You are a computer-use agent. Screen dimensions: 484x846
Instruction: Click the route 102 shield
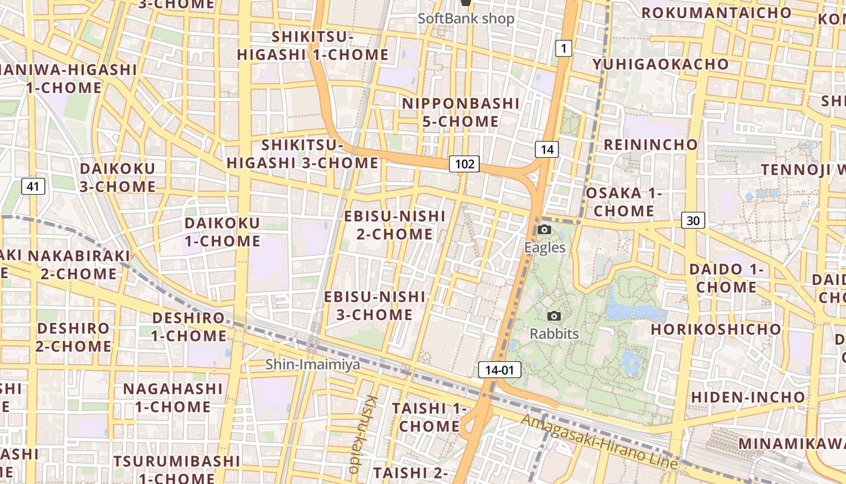[463, 163]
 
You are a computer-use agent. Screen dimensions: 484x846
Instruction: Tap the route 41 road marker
[33, 186]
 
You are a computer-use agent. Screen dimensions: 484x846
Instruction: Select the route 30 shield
[693, 220]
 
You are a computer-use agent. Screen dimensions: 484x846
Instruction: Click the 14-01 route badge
[499, 370]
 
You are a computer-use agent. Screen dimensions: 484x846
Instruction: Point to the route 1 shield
[563, 48]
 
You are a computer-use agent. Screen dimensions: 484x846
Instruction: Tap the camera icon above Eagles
[544, 230]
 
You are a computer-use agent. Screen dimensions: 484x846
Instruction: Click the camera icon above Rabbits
[554, 316]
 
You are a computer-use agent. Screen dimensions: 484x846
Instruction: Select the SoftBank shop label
[466, 18]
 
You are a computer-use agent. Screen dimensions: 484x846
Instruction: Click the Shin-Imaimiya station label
[313, 364]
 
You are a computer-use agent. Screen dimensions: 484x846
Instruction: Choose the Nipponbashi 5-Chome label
[460, 112]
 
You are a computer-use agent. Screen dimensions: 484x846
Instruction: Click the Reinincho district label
[651, 145]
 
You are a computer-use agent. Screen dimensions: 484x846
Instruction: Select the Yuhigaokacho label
[660, 64]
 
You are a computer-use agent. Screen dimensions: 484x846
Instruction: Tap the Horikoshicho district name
[715, 329]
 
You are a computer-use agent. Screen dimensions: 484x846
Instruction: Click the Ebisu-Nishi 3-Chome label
[375, 306]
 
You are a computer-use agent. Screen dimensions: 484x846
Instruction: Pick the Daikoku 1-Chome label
[222, 232]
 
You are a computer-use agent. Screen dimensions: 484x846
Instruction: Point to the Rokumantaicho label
[716, 13]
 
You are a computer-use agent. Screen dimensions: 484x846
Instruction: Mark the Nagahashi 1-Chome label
[173, 397]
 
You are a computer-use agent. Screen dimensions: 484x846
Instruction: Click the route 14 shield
[546, 149]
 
